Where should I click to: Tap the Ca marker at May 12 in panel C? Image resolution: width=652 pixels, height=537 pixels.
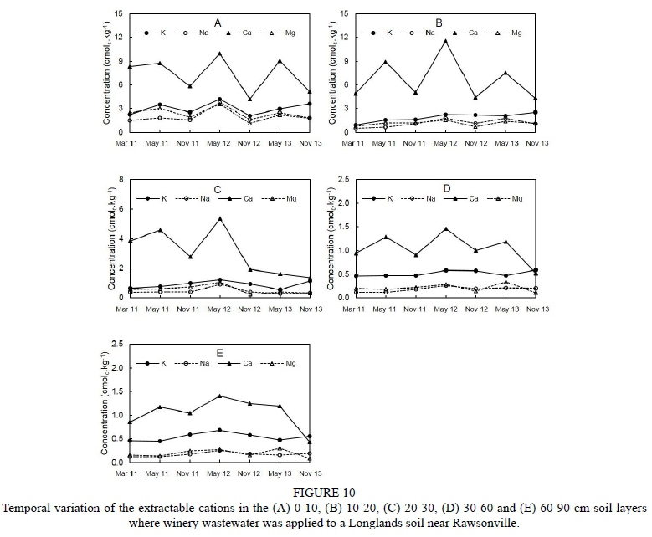(219, 218)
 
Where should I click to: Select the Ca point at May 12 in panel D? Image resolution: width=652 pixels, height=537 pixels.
(445, 228)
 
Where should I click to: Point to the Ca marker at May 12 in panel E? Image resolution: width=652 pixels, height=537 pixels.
(219, 396)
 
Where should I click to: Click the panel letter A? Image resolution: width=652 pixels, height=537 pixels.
(218, 23)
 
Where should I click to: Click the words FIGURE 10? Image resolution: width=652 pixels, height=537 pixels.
(326, 493)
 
